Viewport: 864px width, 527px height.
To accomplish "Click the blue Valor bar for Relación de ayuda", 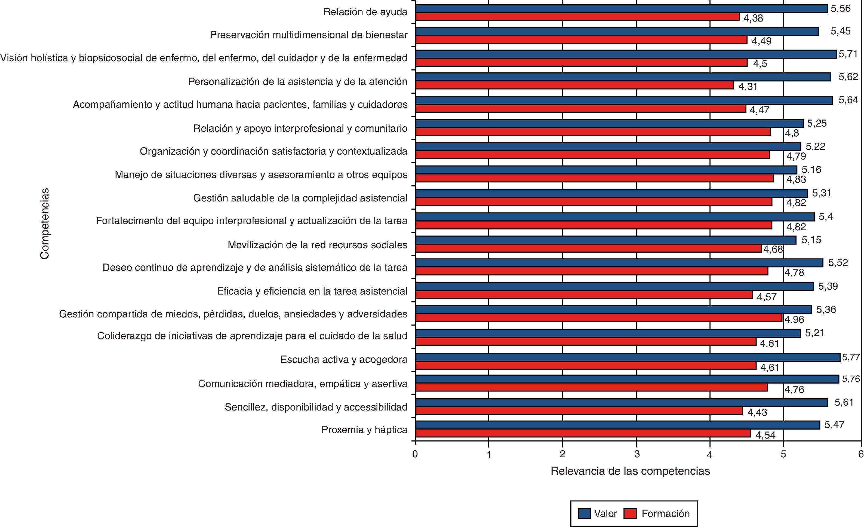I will click(x=621, y=9).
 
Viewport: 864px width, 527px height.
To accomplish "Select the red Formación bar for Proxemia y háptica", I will click(x=583, y=433).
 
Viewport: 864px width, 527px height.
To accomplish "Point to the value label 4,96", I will click(x=794, y=320).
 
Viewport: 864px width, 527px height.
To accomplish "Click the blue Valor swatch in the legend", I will click(x=585, y=514).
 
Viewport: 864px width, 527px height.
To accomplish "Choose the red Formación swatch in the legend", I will click(x=630, y=514).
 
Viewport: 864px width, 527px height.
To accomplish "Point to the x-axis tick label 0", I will click(x=415, y=454).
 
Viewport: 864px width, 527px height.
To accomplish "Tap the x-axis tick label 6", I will click(x=860, y=454).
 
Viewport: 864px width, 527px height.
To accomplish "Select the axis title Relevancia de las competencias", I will click(x=630, y=471).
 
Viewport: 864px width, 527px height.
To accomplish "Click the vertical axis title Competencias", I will click(x=45, y=223).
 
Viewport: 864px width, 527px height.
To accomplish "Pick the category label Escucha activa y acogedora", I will click(x=344, y=360).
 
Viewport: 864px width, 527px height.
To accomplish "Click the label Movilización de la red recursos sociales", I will click(x=317, y=244).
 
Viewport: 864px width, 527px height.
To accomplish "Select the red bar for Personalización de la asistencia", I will click(x=574, y=85).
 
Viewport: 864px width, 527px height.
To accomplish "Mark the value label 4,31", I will click(x=748, y=87).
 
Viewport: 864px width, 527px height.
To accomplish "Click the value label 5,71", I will click(x=848, y=54).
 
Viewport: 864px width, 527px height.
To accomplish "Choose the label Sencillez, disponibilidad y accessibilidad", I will click(x=316, y=407).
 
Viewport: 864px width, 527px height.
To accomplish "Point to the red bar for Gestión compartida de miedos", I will click(x=599, y=318).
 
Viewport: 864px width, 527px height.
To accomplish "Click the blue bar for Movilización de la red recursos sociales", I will click(x=605, y=240).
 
